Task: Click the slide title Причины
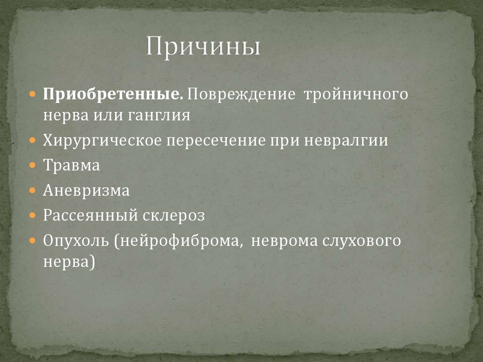coord(202,48)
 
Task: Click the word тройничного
coord(356,93)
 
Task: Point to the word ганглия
coord(158,116)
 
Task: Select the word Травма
coord(72,166)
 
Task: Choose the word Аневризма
coord(86,191)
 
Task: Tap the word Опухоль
coord(75,241)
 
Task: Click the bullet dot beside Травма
coord(32,166)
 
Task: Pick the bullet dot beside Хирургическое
coord(32,141)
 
